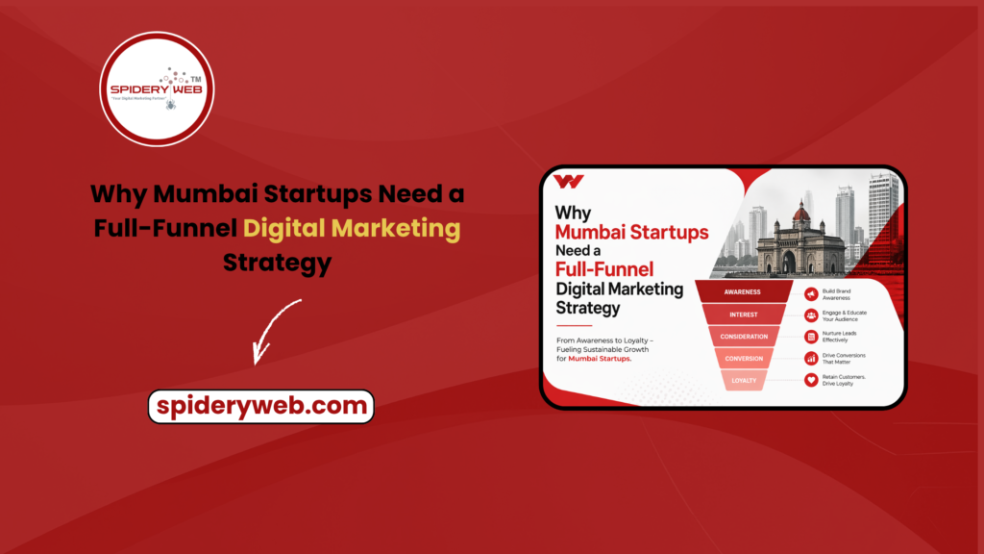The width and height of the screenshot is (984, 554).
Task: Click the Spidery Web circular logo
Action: pyautogui.click(x=157, y=89)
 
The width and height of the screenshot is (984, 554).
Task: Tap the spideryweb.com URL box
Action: pyautogui.click(x=260, y=406)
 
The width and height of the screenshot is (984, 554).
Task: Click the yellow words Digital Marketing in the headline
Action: pyautogui.click(x=351, y=228)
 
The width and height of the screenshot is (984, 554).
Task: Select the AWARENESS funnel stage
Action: pyautogui.click(x=743, y=292)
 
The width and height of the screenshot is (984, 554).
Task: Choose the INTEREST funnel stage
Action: pyautogui.click(x=743, y=315)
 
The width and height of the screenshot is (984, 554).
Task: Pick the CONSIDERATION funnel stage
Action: pyautogui.click(x=744, y=337)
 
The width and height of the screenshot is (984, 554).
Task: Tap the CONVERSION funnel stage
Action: pyautogui.click(x=744, y=359)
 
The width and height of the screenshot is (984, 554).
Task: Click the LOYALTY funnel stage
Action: pyautogui.click(x=744, y=380)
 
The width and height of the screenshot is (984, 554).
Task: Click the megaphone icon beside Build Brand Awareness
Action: pyautogui.click(x=811, y=292)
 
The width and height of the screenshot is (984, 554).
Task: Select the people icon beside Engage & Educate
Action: pyautogui.click(x=811, y=315)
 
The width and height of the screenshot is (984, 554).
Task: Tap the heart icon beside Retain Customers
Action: pyautogui.click(x=811, y=380)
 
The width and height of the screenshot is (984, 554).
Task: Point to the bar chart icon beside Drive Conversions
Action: pyautogui.click(x=811, y=359)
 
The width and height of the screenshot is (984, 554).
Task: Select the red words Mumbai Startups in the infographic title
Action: pyautogui.click(x=631, y=232)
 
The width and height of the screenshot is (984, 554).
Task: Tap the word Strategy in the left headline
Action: pyautogui.click(x=277, y=261)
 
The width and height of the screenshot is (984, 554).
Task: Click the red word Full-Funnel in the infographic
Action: pyautogui.click(x=604, y=269)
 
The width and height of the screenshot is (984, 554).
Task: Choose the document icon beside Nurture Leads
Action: pyautogui.click(x=811, y=337)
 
